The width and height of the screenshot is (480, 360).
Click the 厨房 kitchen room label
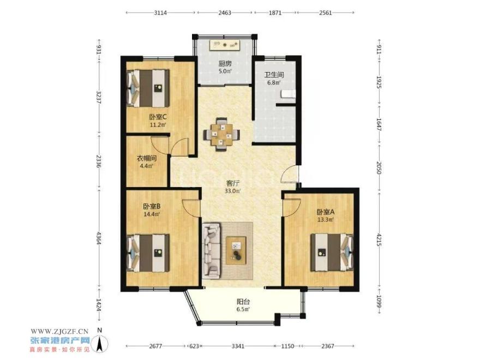[225, 64]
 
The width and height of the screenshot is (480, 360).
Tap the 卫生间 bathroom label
[274, 75]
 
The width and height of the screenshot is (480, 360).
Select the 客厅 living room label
[233, 183]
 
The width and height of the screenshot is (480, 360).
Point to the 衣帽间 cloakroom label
[147, 158]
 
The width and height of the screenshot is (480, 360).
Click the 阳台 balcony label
[243, 302]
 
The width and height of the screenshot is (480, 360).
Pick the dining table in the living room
[222, 134]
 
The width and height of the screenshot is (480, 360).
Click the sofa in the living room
[211, 251]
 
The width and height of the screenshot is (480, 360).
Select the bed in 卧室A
[332, 253]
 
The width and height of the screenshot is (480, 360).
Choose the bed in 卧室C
[148, 88]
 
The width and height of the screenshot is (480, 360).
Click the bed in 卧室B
[148, 253]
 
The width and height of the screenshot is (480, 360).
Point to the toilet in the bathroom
[289, 94]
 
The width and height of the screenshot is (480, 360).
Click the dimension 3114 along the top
[160, 13]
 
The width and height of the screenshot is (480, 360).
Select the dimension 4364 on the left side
[99, 237]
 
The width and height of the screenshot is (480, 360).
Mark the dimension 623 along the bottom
[194, 346]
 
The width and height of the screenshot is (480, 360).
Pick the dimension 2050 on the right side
[379, 168]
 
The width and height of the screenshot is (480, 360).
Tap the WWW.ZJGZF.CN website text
[59, 331]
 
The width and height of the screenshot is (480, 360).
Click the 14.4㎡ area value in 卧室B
[152, 214]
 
